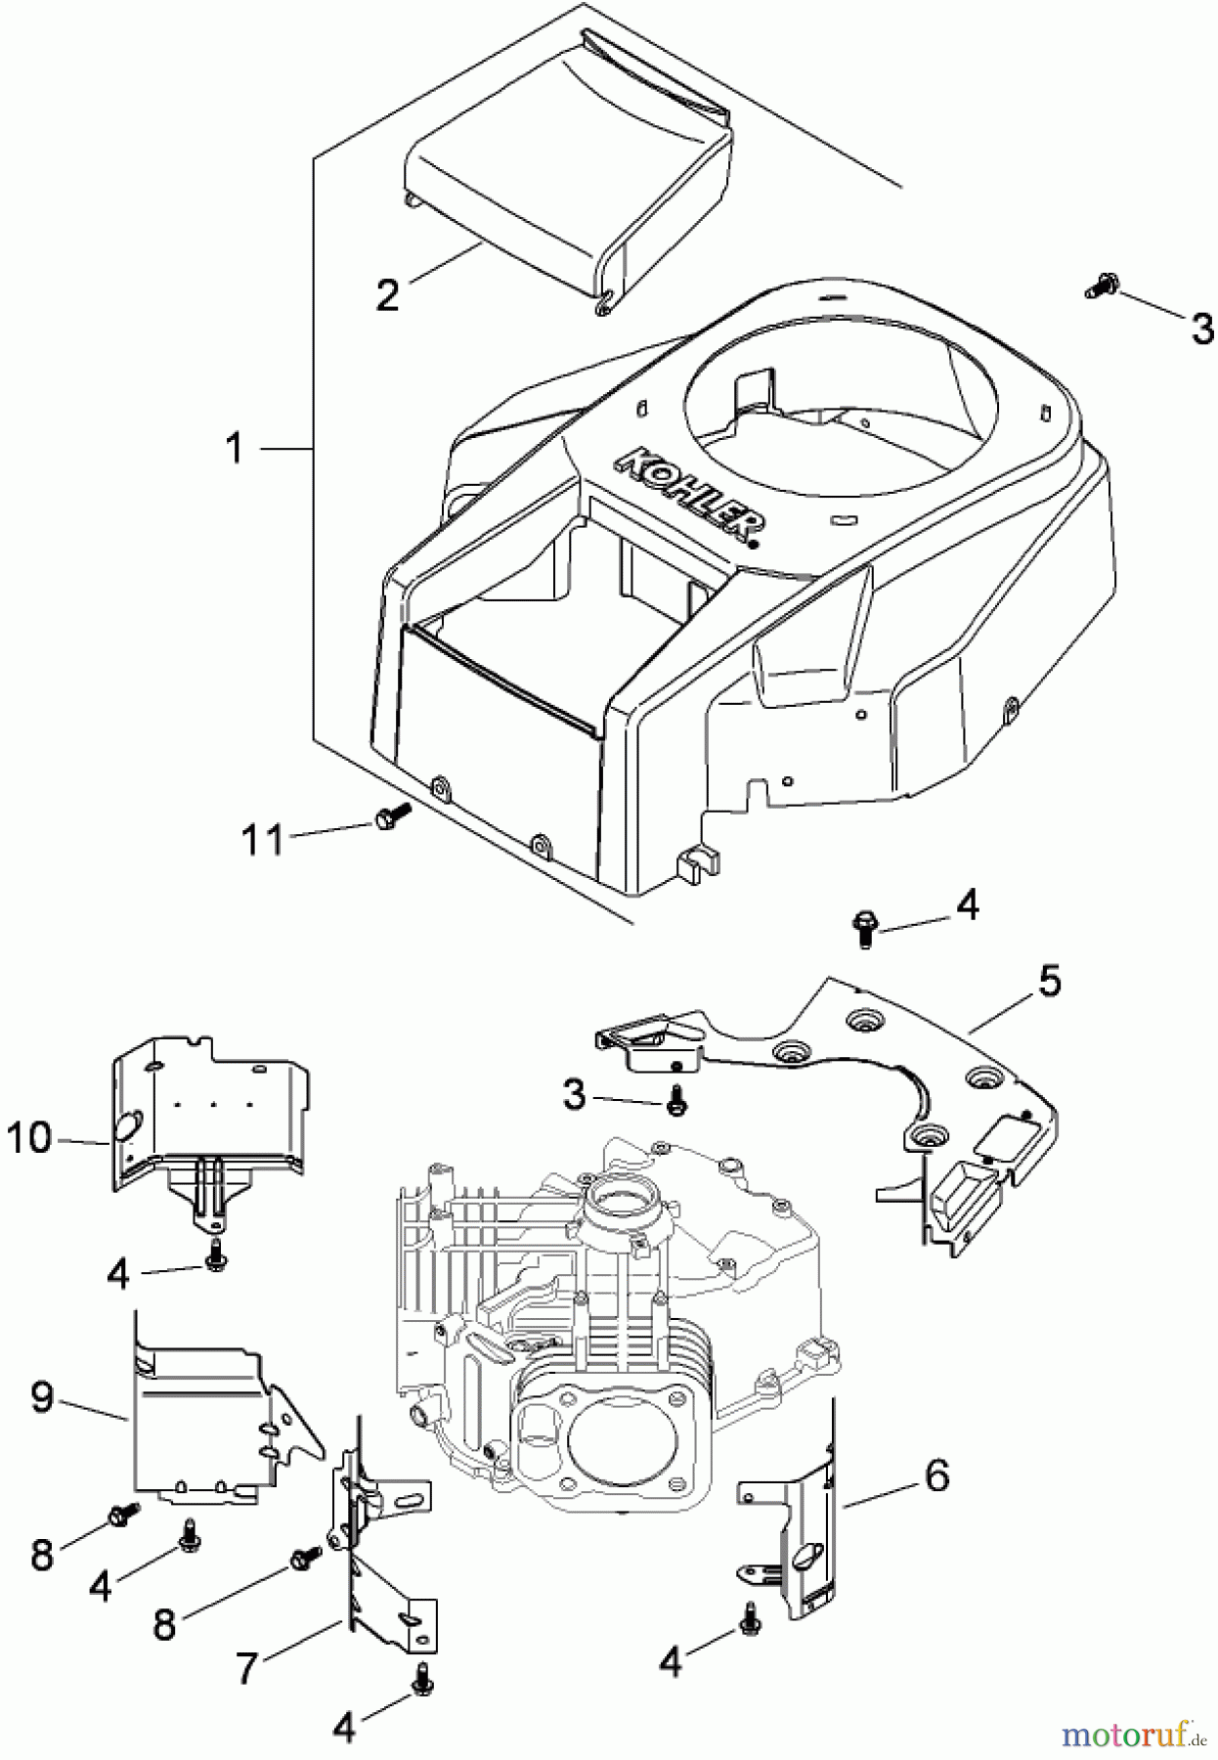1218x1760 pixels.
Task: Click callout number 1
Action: click(234, 449)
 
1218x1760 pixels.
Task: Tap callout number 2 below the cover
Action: click(388, 294)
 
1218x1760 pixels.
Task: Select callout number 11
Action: click(262, 839)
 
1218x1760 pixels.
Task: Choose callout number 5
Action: click(1048, 981)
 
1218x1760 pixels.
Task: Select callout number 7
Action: click(246, 1669)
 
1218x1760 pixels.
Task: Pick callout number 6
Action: click(935, 1476)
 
